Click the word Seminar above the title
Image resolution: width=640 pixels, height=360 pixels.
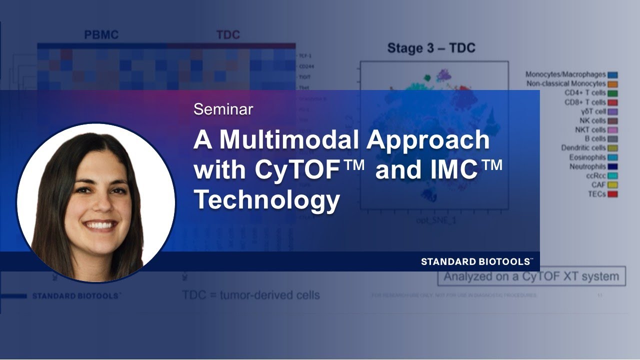click(223, 109)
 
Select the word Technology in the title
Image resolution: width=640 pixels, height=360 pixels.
click(266, 200)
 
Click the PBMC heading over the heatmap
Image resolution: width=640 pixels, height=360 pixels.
click(101, 35)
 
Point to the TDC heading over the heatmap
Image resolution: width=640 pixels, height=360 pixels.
click(228, 35)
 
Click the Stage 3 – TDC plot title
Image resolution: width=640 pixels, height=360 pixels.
click(431, 48)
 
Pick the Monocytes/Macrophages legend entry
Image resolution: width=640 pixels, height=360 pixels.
click(565, 74)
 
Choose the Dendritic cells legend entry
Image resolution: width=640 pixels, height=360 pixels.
click(583, 148)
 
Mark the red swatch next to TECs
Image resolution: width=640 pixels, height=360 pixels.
click(612, 194)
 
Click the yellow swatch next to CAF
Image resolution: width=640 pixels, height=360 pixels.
click(612, 185)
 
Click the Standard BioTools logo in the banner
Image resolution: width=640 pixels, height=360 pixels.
click(476, 261)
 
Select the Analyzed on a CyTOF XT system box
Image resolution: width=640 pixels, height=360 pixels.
click(531, 276)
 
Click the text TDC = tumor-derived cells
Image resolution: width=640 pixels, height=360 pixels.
click(250, 295)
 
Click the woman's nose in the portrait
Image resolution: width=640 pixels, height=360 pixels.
click(98, 206)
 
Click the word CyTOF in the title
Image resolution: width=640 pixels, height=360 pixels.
click(309, 170)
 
